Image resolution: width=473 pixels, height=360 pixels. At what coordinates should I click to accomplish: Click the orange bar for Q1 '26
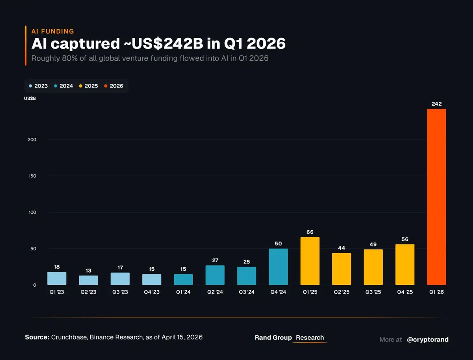coord(436,197)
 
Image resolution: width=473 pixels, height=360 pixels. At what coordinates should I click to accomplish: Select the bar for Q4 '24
coord(278,267)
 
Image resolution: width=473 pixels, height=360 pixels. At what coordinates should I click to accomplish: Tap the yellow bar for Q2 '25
coord(341,269)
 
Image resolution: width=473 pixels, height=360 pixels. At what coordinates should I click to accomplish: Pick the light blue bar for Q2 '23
coord(88,280)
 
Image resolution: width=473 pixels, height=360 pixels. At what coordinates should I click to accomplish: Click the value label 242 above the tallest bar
coord(436,104)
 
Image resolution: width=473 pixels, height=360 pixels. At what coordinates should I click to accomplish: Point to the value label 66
coord(310,232)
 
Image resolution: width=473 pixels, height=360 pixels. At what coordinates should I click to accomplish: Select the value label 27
coord(215,260)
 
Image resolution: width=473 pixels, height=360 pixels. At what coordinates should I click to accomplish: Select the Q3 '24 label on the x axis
coord(246,292)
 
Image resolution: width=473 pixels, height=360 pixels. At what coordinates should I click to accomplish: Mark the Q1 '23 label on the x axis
coord(57,292)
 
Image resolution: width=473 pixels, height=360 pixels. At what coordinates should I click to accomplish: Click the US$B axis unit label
coord(30,98)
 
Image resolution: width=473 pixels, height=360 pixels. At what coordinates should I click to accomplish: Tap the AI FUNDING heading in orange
coord(52,32)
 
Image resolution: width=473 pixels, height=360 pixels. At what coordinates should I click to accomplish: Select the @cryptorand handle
coord(427,340)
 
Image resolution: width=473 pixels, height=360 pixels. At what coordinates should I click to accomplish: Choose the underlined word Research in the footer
coord(310,338)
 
